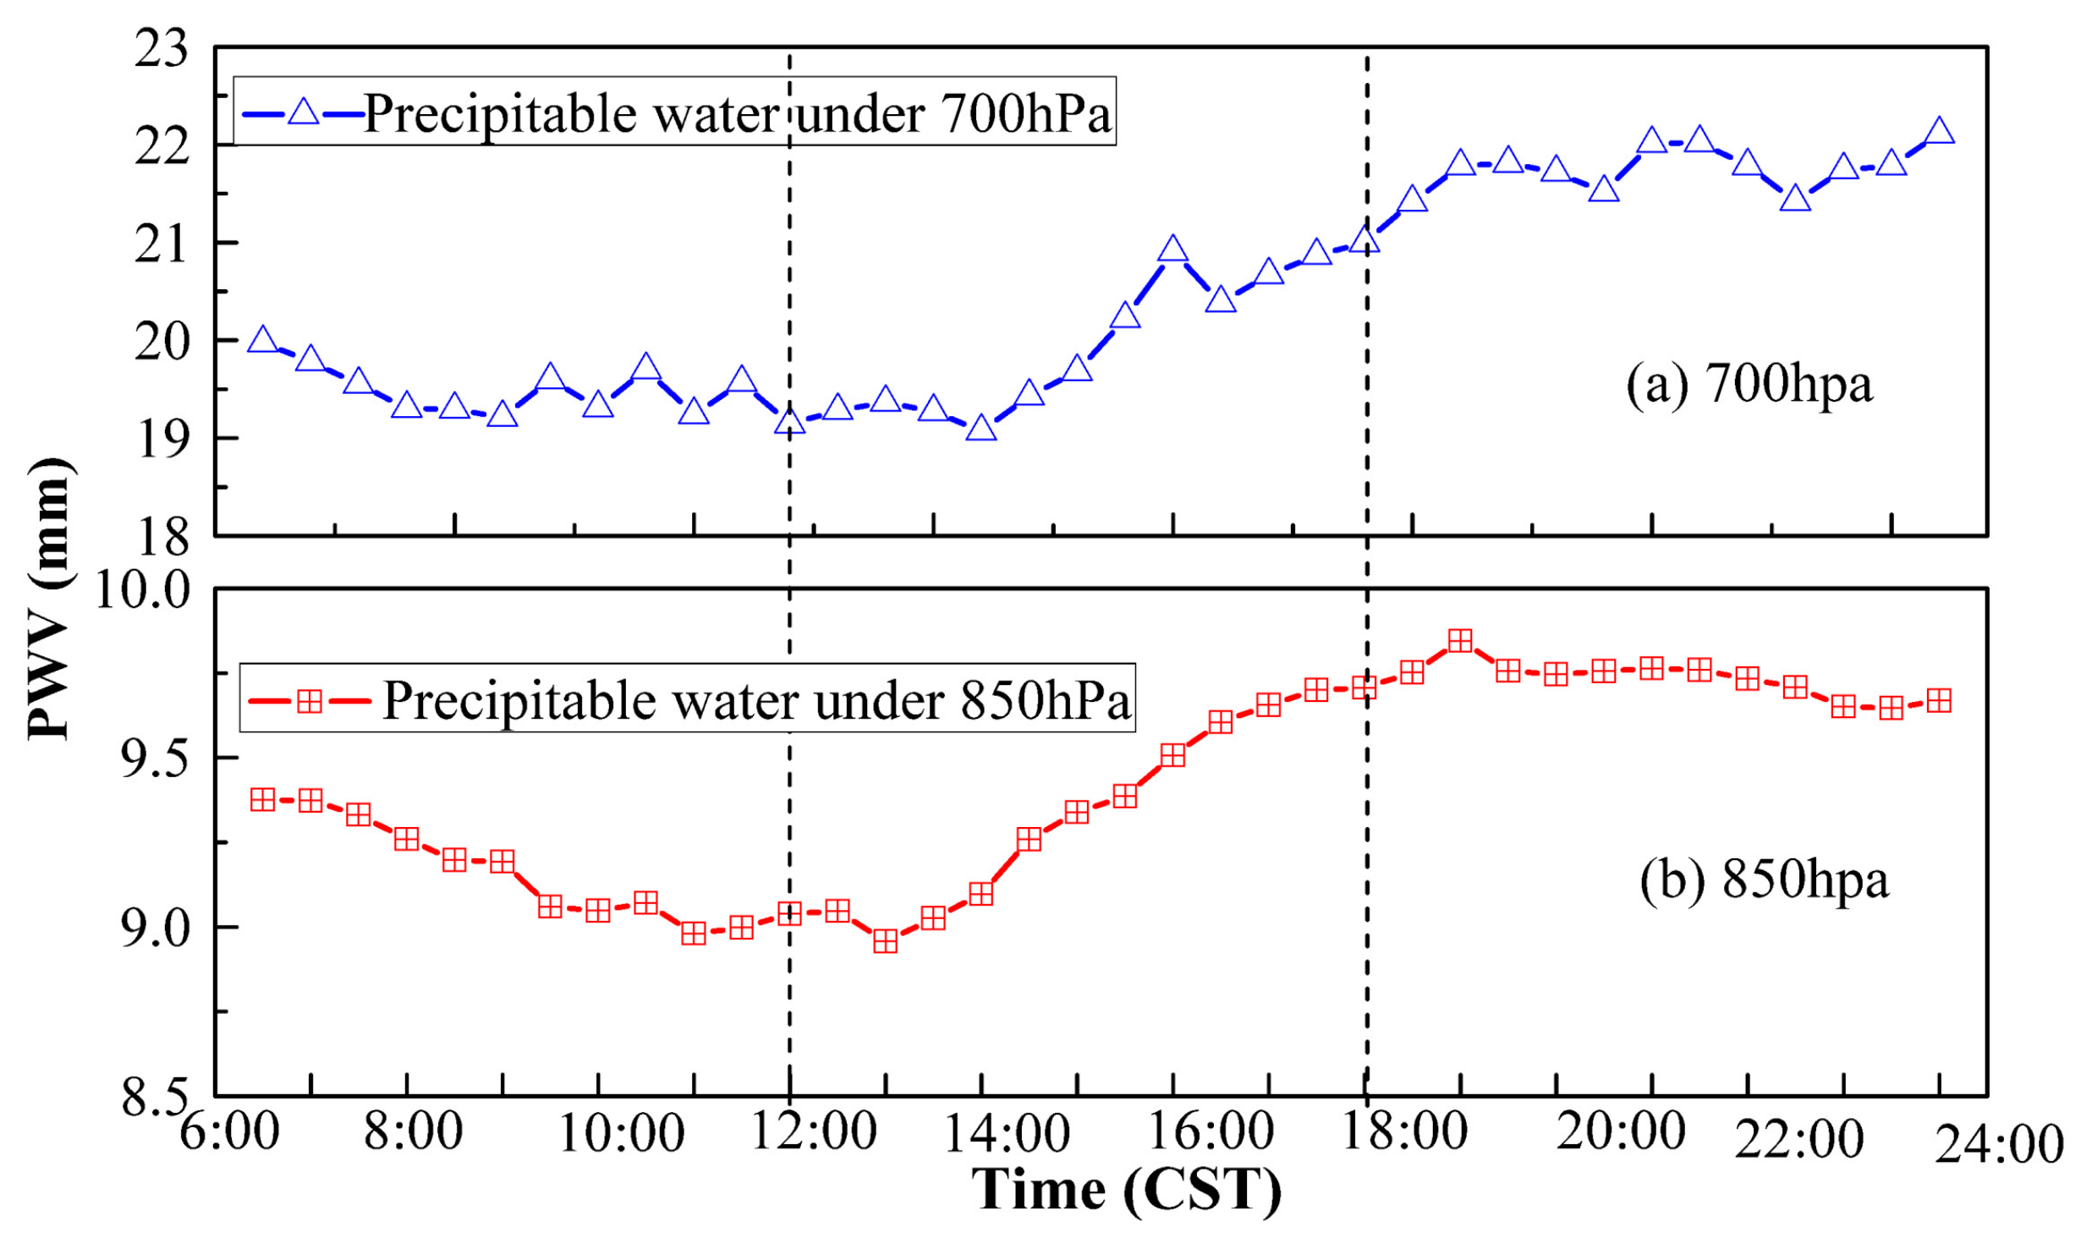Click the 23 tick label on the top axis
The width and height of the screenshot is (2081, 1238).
tap(162, 48)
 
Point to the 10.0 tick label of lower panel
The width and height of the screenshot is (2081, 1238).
tap(142, 589)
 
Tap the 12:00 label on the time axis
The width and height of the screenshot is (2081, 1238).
tap(813, 1131)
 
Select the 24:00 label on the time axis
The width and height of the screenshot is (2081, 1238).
tap(1999, 1145)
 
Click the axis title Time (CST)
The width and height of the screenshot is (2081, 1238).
tap(1126, 1191)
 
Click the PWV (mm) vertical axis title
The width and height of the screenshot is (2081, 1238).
tap(49, 599)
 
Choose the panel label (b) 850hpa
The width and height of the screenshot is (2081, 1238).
tap(1764, 879)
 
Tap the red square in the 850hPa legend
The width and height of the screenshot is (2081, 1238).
tap(310, 701)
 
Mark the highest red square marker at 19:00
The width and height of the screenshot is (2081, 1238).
tap(1460, 641)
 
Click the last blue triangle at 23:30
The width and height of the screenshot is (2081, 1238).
tap(1939, 131)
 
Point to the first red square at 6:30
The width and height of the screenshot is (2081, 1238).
tap(263, 800)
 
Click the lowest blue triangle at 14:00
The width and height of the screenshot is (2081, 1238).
tap(981, 429)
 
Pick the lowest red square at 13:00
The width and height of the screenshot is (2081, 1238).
tap(886, 941)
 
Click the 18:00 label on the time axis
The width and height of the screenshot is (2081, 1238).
tap(1404, 1131)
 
